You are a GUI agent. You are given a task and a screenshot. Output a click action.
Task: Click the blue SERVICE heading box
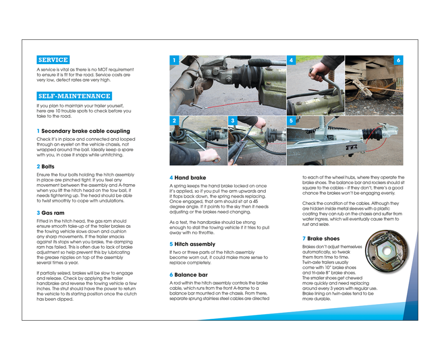click(x=53, y=60)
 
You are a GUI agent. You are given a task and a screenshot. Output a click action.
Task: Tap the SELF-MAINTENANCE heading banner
click(x=74, y=96)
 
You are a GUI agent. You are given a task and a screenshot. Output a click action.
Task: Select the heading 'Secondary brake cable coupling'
click(x=86, y=131)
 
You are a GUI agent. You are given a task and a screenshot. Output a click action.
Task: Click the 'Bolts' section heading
click(x=48, y=167)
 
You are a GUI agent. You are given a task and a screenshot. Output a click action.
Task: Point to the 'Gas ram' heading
click(x=53, y=213)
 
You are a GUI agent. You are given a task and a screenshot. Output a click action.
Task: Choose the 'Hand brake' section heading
click(x=190, y=178)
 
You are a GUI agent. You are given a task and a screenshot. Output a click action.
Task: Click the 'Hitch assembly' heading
click(x=194, y=245)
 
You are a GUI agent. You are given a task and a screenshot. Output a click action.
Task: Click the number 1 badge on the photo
click(x=174, y=60)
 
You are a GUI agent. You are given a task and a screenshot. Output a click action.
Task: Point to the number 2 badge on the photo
click(x=174, y=120)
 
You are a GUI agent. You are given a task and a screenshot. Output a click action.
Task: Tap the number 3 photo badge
click(x=233, y=120)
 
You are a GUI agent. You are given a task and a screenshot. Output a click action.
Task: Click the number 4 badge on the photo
click(x=291, y=60)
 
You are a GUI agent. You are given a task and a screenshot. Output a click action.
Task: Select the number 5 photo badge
click(x=291, y=120)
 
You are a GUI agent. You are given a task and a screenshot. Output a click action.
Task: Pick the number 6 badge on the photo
click(x=398, y=60)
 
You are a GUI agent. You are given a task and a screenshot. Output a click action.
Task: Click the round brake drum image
click(x=386, y=251)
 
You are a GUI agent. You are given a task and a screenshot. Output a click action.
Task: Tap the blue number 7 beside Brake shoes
click(x=304, y=239)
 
